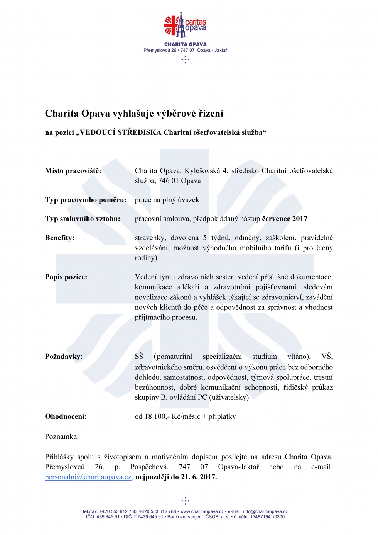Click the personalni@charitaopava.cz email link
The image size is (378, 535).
point(88,477)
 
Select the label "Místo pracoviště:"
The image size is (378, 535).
point(73,171)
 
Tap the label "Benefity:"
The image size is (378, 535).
point(60,238)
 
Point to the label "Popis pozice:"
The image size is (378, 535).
point(66,277)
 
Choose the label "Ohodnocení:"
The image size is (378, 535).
point(66,416)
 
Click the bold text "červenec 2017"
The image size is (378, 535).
point(285,219)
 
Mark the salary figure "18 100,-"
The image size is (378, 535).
point(157,416)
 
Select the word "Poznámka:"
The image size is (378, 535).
point(62,437)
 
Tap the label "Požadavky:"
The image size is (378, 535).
point(64,357)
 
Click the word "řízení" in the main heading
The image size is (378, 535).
point(211,114)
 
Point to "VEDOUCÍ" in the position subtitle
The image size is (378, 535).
point(97,132)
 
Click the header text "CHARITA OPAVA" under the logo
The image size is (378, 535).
point(185,44)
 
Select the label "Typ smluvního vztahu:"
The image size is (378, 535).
point(83,219)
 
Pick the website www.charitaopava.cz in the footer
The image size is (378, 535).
point(202,511)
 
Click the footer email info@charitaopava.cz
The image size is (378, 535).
point(265,511)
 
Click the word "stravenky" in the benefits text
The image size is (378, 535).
point(150,238)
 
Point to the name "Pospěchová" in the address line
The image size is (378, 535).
point(149,467)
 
